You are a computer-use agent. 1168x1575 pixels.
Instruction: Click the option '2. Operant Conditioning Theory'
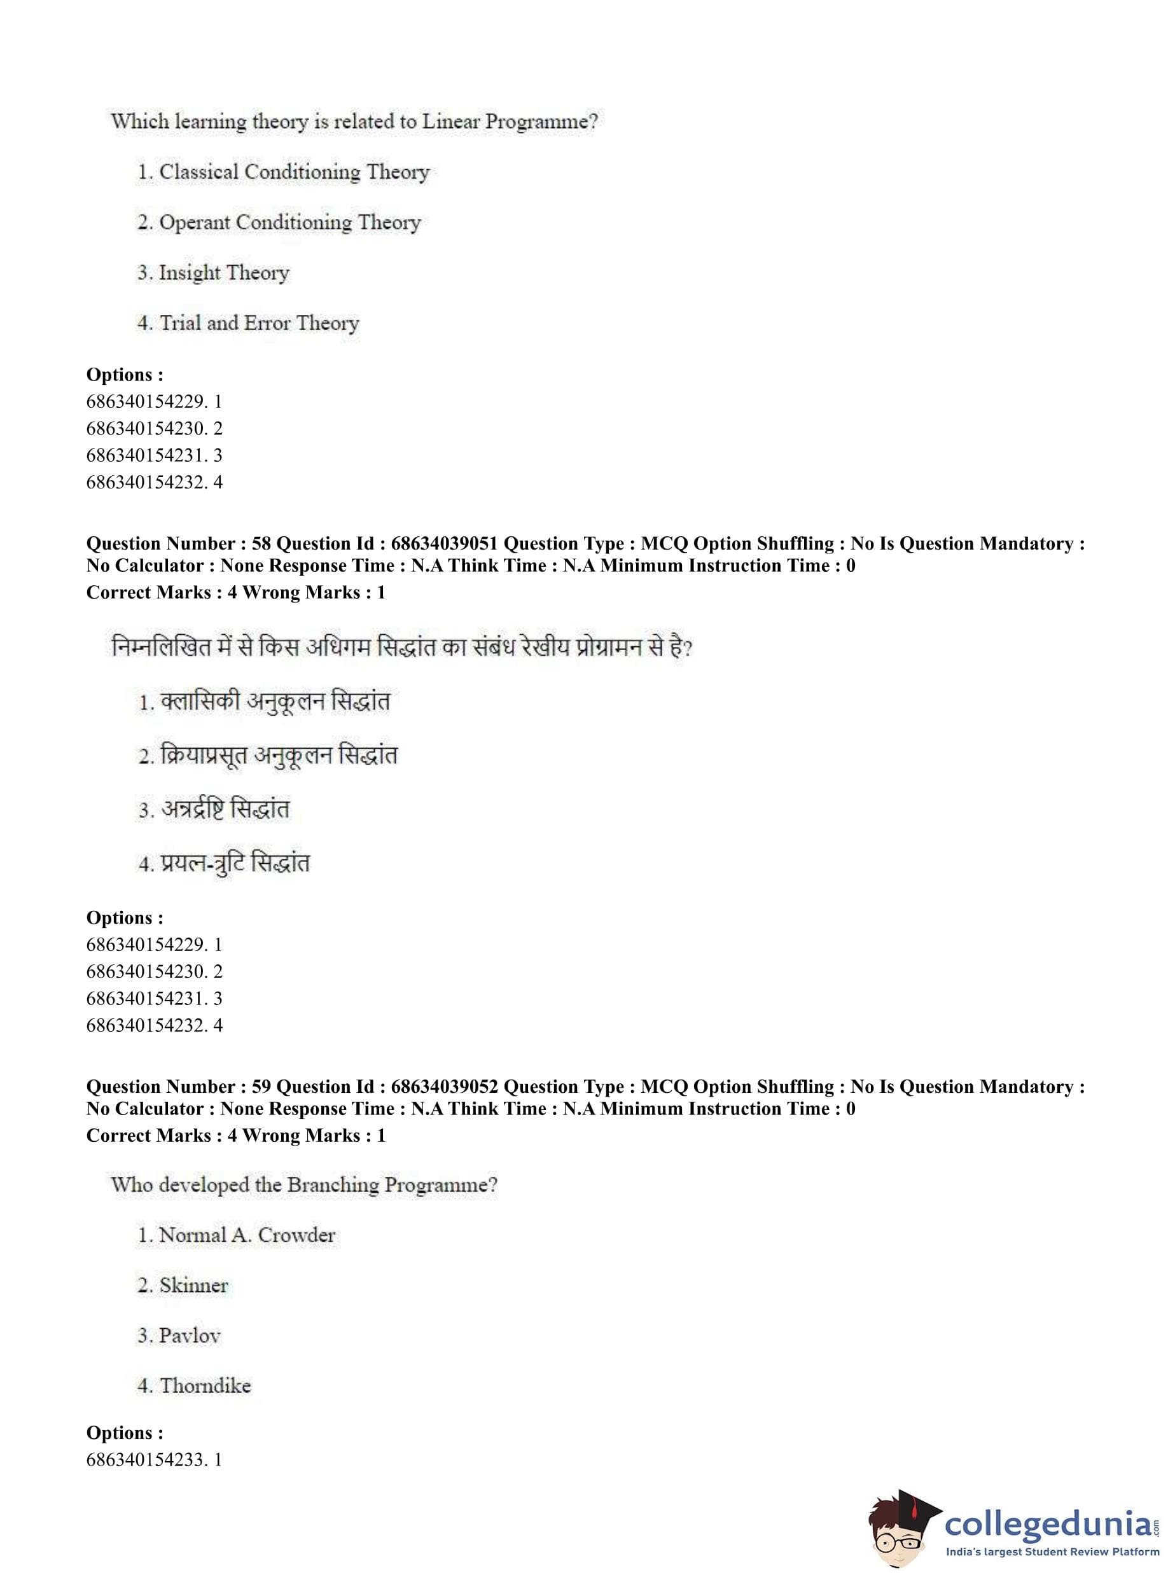tap(279, 223)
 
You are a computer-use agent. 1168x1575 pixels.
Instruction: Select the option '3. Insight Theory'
tap(213, 273)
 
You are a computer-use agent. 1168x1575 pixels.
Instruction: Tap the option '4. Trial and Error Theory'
tap(248, 323)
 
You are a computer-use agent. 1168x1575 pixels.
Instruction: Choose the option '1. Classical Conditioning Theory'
tap(283, 172)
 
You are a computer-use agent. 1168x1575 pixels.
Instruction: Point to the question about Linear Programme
tap(354, 121)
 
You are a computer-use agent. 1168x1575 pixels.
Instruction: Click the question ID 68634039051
tap(444, 544)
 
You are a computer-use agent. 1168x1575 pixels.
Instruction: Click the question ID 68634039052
tap(444, 1086)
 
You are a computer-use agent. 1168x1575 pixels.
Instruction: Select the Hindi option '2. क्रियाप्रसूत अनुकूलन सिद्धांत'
tap(267, 756)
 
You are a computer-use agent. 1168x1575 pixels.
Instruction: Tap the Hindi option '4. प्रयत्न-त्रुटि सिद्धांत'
tap(223, 863)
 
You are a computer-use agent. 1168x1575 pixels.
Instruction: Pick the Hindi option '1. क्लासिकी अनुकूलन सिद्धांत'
tap(264, 702)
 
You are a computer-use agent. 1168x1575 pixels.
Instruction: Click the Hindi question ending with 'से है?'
tap(401, 647)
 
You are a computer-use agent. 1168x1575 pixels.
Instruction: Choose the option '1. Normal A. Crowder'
tap(236, 1235)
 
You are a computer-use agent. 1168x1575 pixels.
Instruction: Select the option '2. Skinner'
tap(183, 1285)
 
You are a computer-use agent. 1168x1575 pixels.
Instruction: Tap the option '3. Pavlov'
tap(179, 1335)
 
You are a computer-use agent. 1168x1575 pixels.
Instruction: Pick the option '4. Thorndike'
tap(194, 1385)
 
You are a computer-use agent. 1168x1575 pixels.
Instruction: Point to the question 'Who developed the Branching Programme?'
tap(304, 1185)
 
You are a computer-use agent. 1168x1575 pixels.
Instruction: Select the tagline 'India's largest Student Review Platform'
tap(1052, 1552)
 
